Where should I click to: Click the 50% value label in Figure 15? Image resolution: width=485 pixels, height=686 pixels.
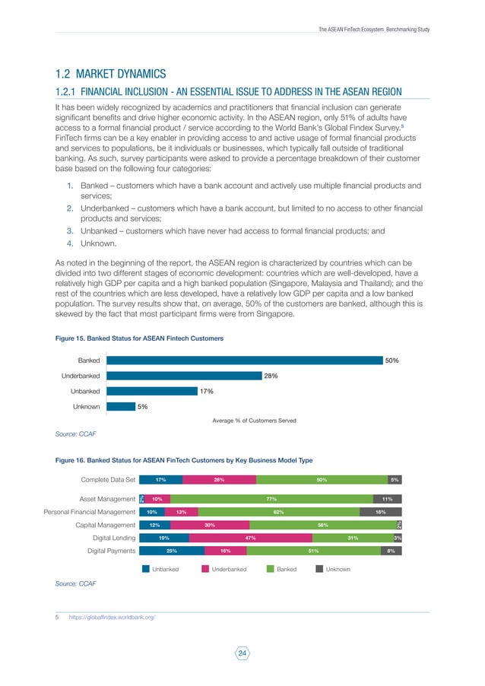pyautogui.click(x=392, y=360)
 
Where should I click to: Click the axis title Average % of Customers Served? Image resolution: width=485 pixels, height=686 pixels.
pyautogui.click(x=254, y=421)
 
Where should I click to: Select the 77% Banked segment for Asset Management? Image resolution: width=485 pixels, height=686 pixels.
pyautogui.click(x=270, y=499)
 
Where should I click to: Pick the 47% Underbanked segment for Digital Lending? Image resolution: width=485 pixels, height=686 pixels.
pyautogui.click(x=250, y=538)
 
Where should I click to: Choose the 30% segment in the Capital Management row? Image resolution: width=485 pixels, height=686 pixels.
pyautogui.click(x=209, y=525)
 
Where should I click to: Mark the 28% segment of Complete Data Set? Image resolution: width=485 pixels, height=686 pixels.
pyautogui.click(x=219, y=480)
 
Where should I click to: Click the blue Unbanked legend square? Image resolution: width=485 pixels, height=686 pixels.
pyautogui.click(x=145, y=569)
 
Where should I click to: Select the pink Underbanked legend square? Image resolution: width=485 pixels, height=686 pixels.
pyautogui.click(x=204, y=569)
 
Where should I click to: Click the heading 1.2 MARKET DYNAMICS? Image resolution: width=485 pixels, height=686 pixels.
pyautogui.click(x=110, y=74)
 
